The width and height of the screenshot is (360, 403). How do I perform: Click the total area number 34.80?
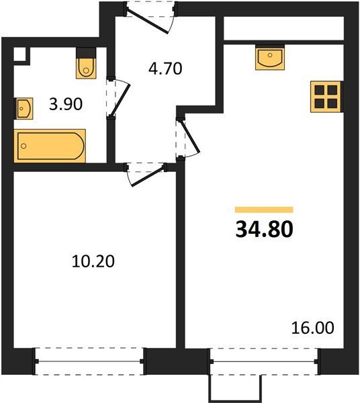tap(264, 229)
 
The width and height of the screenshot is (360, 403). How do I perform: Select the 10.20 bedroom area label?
tap(93, 261)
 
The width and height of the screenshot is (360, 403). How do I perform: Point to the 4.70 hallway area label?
tap(165, 69)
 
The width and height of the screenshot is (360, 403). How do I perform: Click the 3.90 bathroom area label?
tap(66, 104)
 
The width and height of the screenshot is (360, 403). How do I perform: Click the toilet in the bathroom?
tap(87, 64)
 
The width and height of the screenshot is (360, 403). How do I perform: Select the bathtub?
tap(50, 146)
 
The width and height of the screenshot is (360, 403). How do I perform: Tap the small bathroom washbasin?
tap(24, 108)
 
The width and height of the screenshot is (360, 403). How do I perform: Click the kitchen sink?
tap(270, 58)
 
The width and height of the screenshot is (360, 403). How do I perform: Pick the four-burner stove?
tap(326, 97)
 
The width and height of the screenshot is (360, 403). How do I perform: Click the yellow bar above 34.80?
tap(264, 210)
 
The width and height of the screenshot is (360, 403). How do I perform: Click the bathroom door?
tap(118, 98)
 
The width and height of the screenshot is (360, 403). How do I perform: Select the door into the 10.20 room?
tap(146, 173)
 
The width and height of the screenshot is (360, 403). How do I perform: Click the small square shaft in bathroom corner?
tap(19, 54)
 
